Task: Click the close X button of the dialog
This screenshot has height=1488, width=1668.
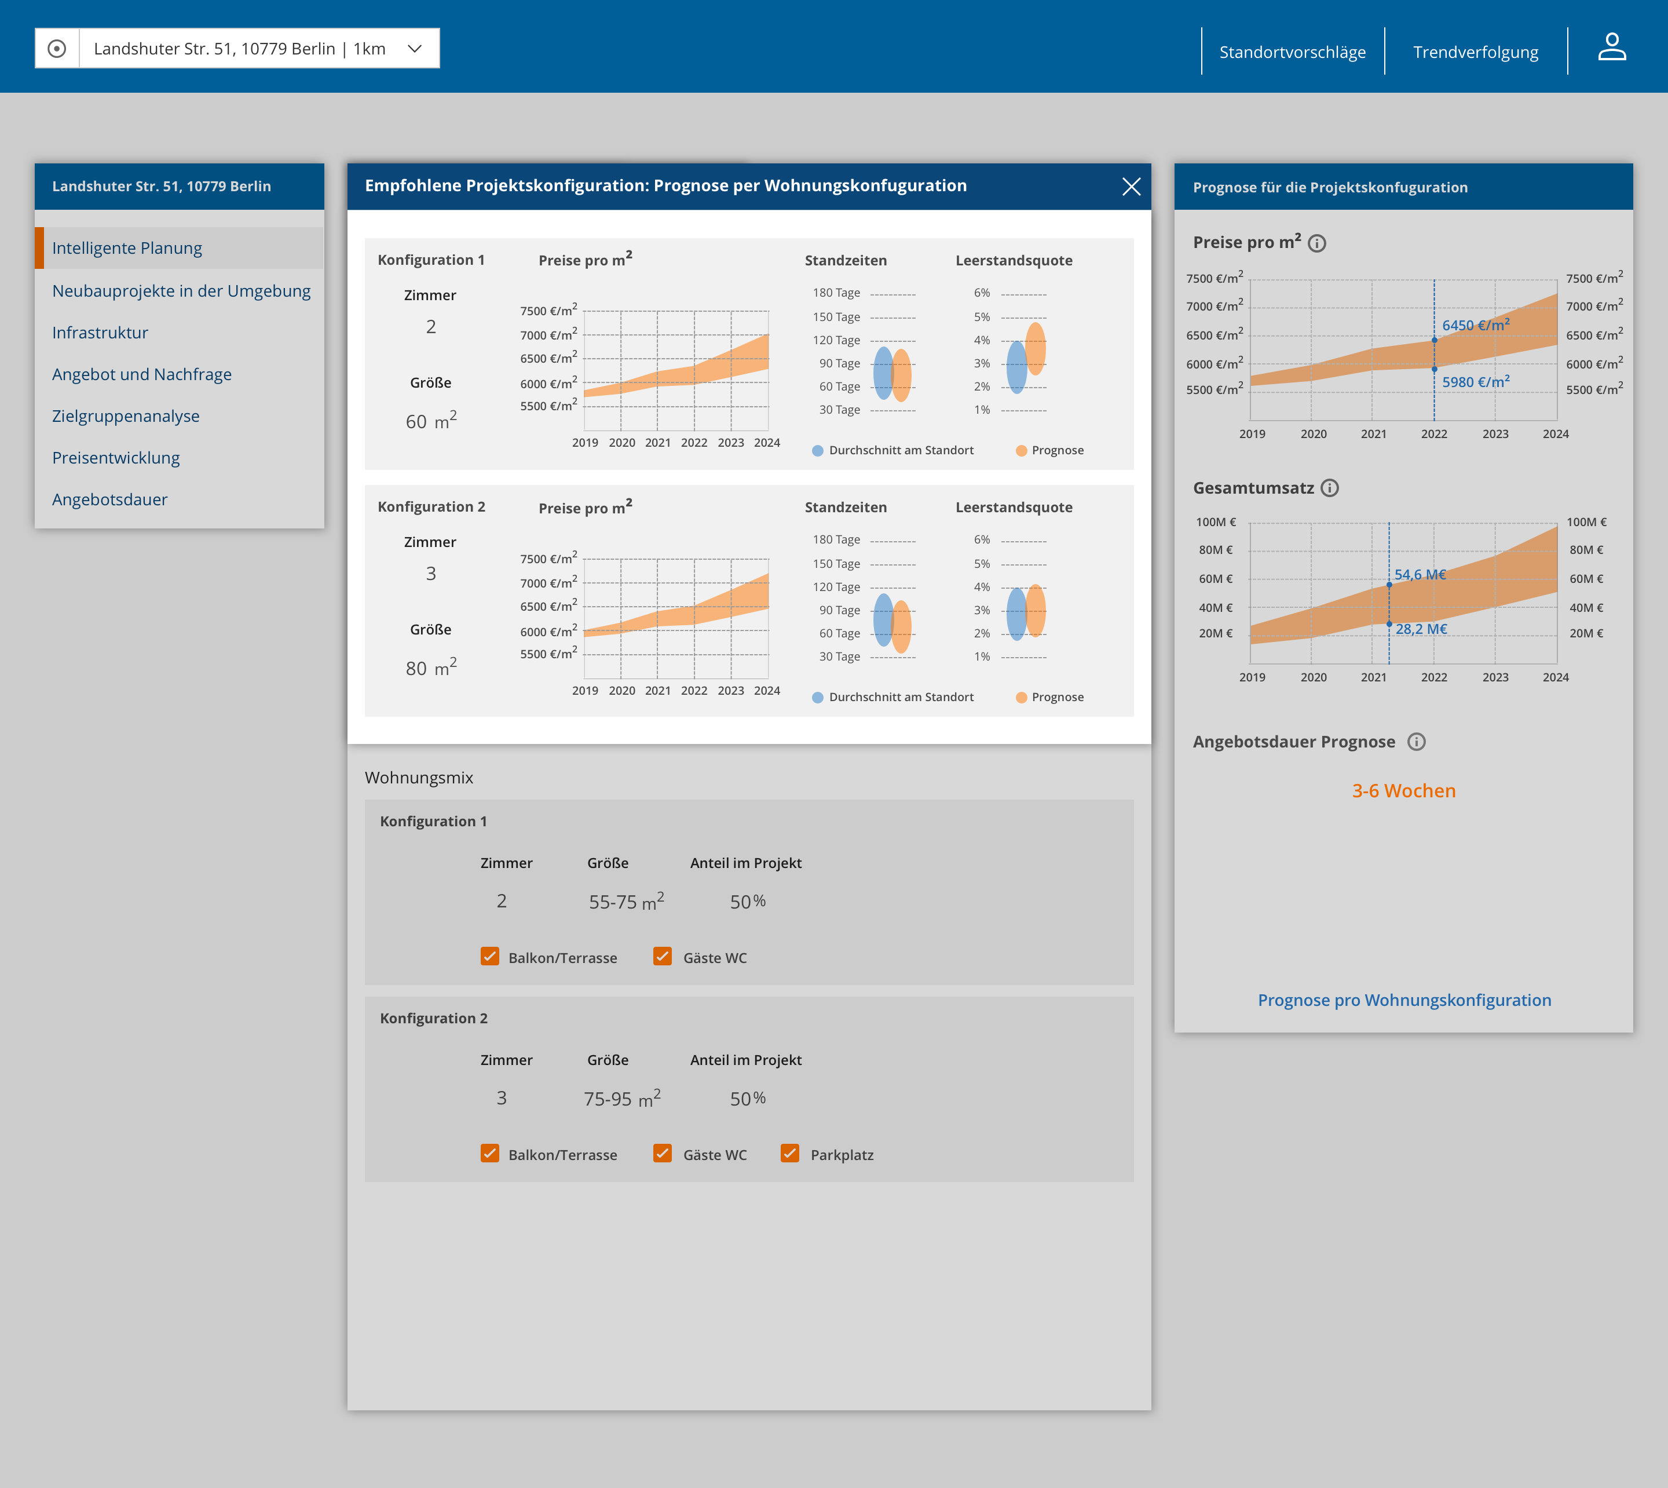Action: (x=1131, y=187)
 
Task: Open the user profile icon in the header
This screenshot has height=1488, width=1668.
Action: (x=1612, y=48)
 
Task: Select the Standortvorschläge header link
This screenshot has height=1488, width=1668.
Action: (x=1292, y=52)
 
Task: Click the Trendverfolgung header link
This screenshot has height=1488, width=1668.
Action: (x=1475, y=52)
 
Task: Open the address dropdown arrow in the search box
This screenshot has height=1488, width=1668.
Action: (x=414, y=49)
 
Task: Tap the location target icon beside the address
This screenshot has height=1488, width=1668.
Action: (x=56, y=49)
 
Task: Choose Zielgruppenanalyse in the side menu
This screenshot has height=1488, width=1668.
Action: (x=126, y=416)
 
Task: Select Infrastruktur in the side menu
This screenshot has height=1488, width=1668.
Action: (x=100, y=333)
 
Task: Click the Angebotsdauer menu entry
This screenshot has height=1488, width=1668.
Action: (x=109, y=499)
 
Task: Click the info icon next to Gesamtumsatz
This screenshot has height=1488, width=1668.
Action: (x=1330, y=488)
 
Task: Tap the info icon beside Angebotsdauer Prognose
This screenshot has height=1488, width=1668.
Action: (x=1416, y=742)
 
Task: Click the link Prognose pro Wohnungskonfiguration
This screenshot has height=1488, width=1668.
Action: (x=1404, y=1000)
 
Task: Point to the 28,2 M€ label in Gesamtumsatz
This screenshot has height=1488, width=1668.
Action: (x=1421, y=629)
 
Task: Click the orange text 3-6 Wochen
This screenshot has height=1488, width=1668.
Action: (x=1403, y=790)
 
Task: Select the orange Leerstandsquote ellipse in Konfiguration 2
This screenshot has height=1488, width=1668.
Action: (x=1036, y=610)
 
